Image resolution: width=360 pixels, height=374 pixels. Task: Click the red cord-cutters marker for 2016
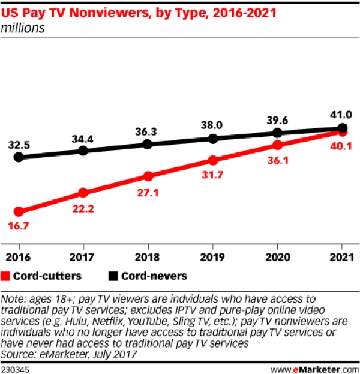(19, 211)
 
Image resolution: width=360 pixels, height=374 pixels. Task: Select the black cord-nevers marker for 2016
(19, 157)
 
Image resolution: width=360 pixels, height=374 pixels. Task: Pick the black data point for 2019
(213, 139)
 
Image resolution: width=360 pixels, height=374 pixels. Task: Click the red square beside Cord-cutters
(8, 276)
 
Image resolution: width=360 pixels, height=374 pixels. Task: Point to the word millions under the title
(23, 28)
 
